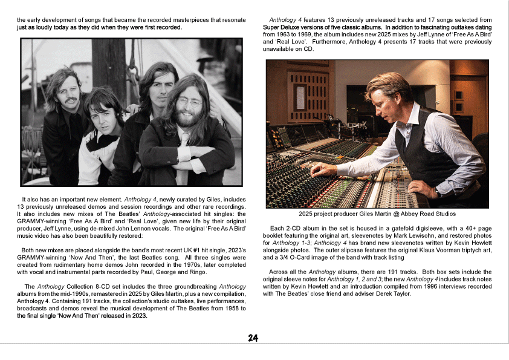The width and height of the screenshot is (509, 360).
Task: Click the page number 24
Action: click(253, 338)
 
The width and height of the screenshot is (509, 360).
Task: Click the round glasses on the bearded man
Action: click(189, 102)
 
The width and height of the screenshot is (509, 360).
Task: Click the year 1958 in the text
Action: click(216, 308)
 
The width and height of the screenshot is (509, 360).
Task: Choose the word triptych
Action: click(463, 249)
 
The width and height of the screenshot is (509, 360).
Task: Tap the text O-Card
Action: click(304, 257)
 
